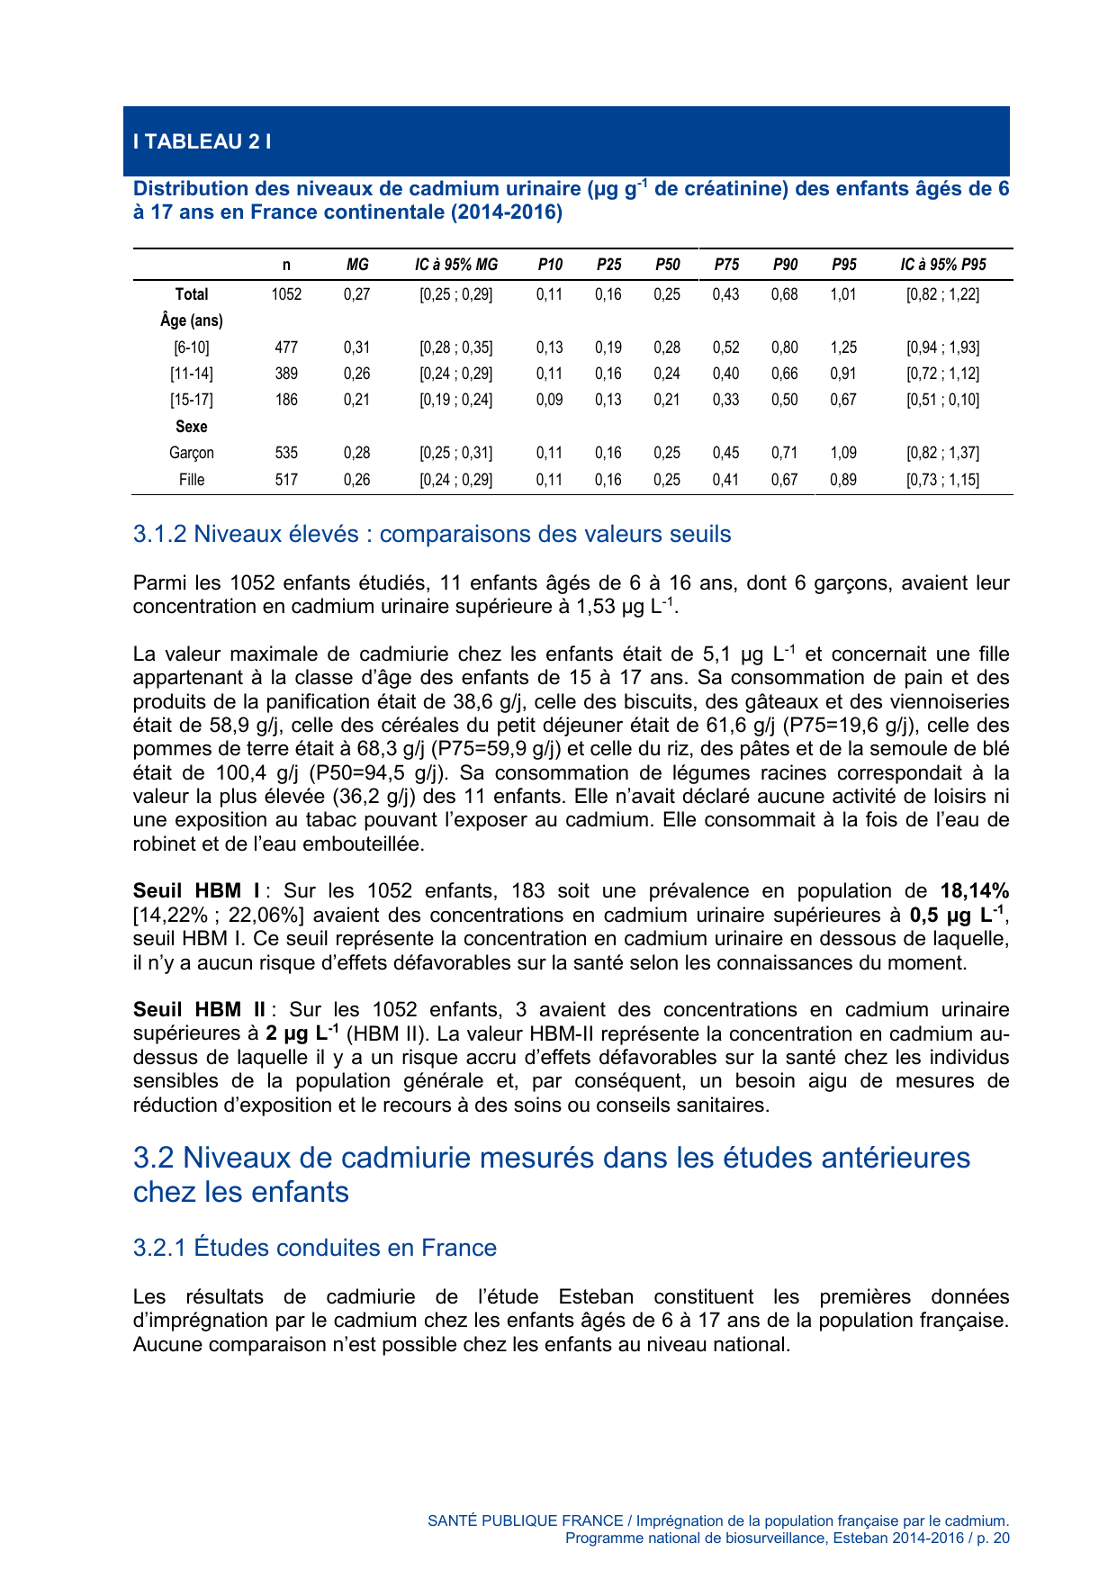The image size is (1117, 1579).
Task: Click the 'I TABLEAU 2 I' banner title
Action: pyautogui.click(x=203, y=141)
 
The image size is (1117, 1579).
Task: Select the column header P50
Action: pyautogui.click(x=667, y=265)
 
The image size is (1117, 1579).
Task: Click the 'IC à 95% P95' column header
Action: pyautogui.click(x=942, y=265)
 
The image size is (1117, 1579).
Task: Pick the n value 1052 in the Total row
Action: pyautogui.click(x=286, y=294)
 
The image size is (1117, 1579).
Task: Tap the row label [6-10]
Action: pyautogui.click(x=191, y=347)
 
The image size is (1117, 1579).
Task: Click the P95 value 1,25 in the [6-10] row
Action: pyautogui.click(x=842, y=347)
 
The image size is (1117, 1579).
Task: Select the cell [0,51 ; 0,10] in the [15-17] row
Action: pyautogui.click(x=942, y=400)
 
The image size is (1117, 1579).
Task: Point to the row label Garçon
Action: pyautogui.click(x=191, y=453)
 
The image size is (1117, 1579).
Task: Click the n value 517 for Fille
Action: pyautogui.click(x=286, y=480)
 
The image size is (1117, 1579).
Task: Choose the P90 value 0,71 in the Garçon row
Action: pyautogui.click(x=784, y=453)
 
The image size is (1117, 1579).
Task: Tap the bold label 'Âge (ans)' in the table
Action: pyautogui.click(x=191, y=320)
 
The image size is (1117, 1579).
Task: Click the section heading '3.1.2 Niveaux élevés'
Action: pyautogui.click(x=431, y=534)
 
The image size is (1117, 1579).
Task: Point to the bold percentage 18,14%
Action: pyautogui.click(x=974, y=891)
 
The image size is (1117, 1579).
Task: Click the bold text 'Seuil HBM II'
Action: pyautogui.click(x=199, y=1010)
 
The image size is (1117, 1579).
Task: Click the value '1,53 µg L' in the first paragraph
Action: pyautogui.click(x=622, y=607)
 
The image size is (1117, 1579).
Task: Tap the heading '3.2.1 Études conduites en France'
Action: pyautogui.click(x=314, y=1248)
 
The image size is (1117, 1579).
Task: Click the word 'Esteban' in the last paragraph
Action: pyautogui.click(x=595, y=1297)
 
